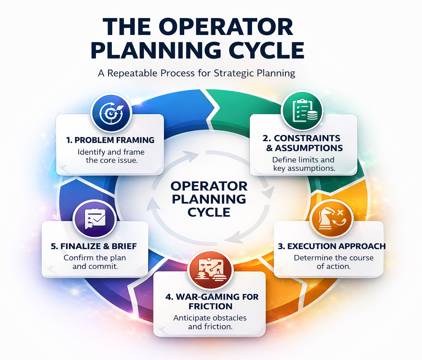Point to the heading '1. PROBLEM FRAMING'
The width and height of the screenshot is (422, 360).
click(110, 140)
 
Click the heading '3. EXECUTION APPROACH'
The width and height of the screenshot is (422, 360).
click(331, 246)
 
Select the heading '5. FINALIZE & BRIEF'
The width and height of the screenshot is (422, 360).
click(93, 246)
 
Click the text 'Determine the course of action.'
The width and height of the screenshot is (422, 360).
click(328, 262)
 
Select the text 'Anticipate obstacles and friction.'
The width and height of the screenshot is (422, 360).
click(210, 322)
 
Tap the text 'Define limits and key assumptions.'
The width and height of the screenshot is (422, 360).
click(303, 164)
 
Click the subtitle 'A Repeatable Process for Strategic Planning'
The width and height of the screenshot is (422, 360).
click(197, 73)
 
